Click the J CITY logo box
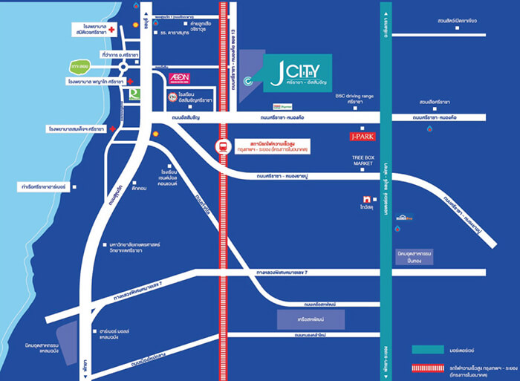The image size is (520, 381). click(297, 75)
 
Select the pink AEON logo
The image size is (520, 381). click(181, 77)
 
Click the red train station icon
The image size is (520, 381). click(221, 146)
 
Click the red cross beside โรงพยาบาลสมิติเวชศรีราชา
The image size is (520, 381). click(111, 30)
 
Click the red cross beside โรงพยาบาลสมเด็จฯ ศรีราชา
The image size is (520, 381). click(111, 128)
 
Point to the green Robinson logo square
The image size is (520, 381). click(134, 94)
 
